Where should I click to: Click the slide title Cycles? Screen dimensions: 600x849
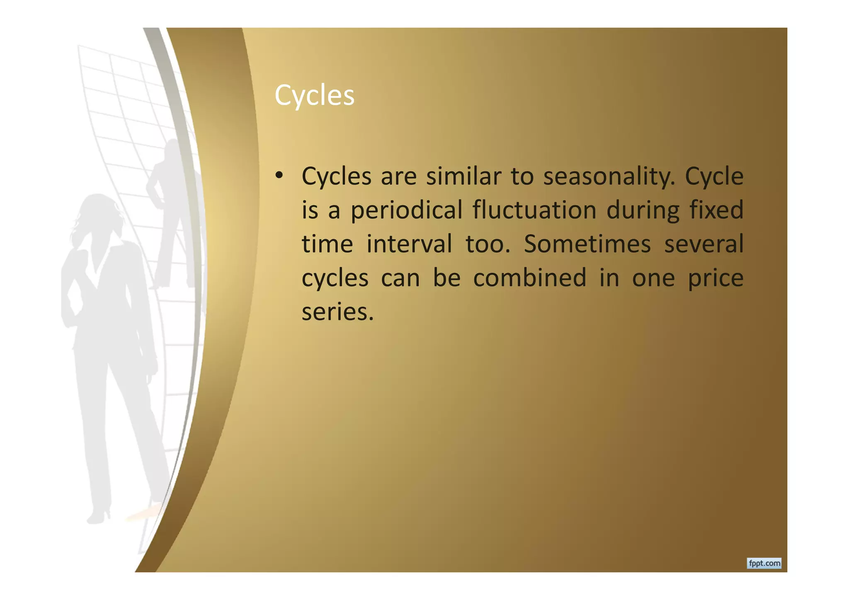[x=314, y=96]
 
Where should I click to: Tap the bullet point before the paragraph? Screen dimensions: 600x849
[x=279, y=175]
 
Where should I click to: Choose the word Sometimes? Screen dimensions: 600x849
[x=587, y=244]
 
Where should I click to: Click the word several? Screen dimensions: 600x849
[x=703, y=244]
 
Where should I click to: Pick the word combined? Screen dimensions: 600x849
[x=529, y=278]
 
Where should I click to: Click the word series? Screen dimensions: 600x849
[x=337, y=312]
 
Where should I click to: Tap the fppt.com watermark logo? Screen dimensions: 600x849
[x=764, y=564]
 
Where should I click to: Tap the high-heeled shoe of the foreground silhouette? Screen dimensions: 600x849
[x=99, y=516]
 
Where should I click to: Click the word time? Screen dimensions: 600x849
[x=327, y=244]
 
